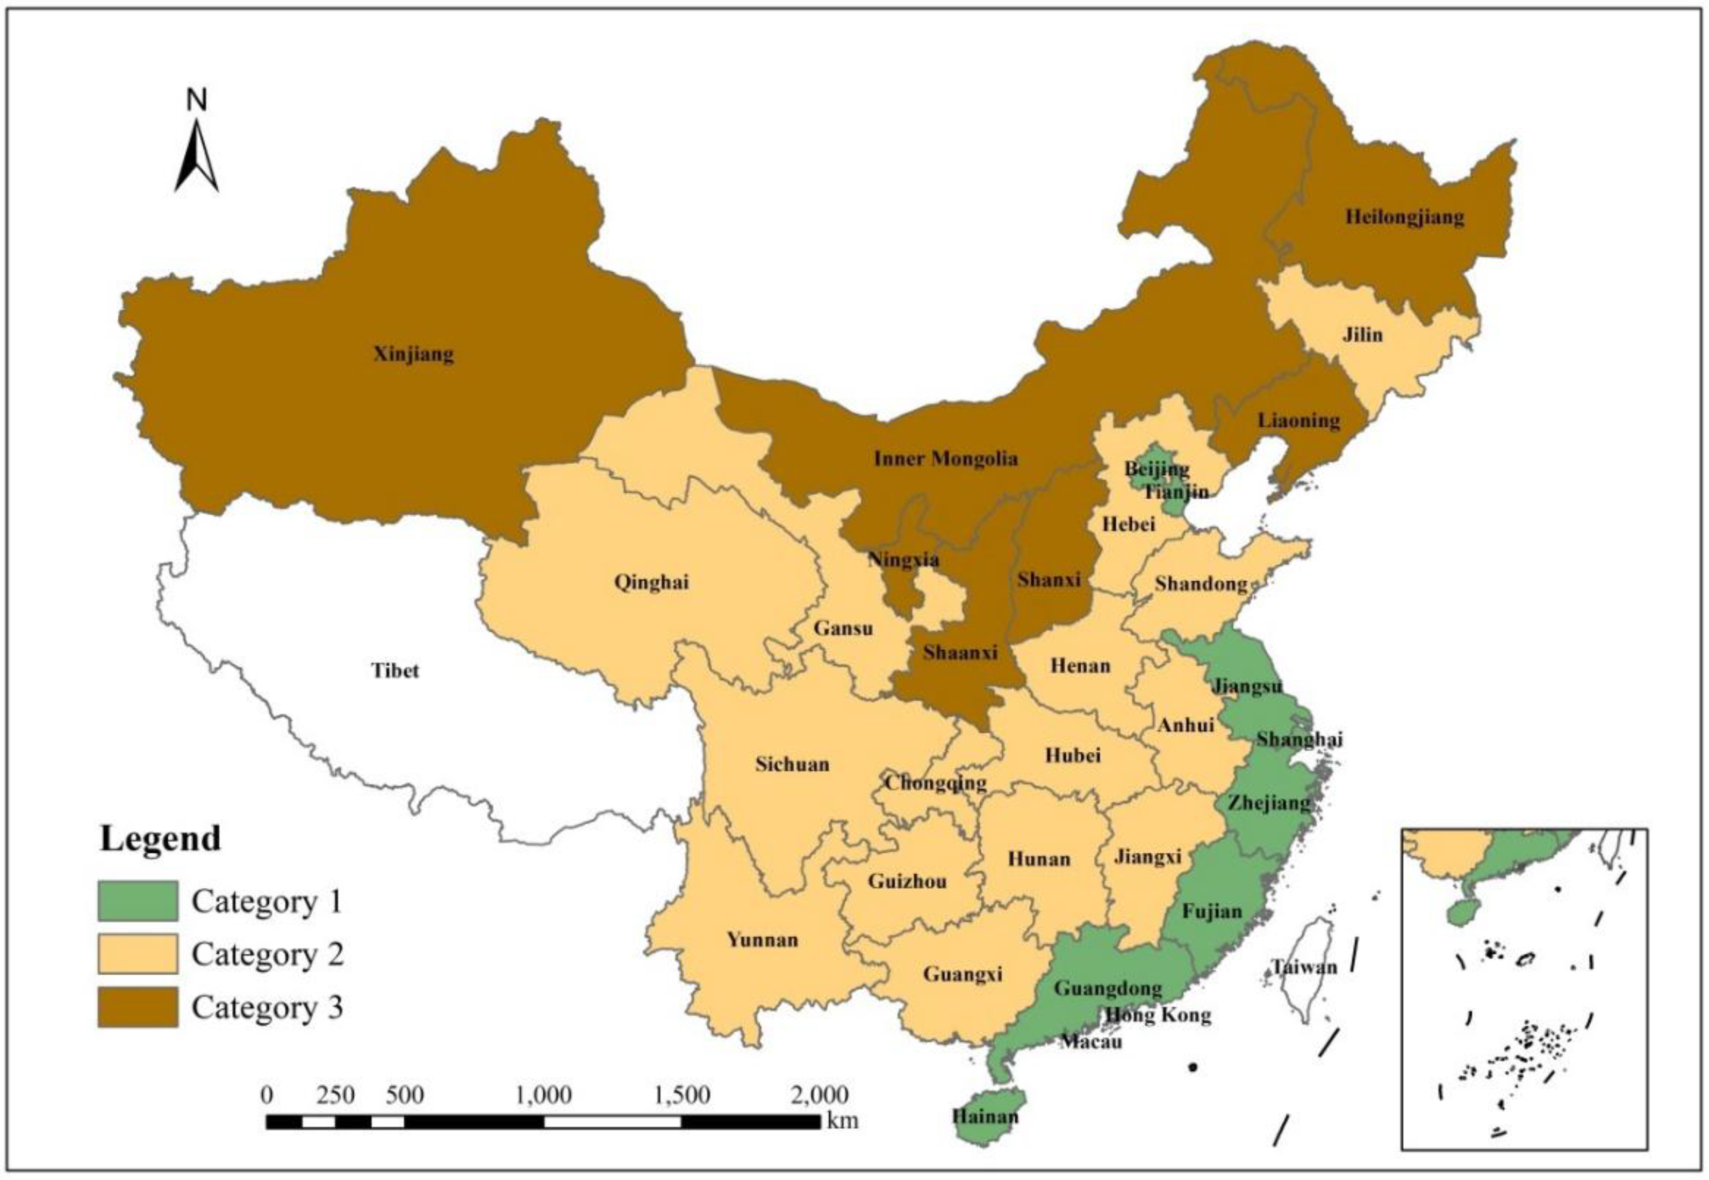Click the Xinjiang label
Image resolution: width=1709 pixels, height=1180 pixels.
coord(413,354)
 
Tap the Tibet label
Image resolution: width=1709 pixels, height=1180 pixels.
coord(395,671)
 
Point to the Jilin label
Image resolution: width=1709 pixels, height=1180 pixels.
coord(1362,335)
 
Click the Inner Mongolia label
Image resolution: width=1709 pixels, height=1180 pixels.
coord(946,459)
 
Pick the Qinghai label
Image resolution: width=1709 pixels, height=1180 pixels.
coord(651,582)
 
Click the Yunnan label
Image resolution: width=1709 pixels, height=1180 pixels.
coord(763,940)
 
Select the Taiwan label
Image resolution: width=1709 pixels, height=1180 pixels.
coord(1304,966)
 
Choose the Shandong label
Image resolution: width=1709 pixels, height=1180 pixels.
coord(1201,584)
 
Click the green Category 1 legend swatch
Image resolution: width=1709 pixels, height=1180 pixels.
coord(138,901)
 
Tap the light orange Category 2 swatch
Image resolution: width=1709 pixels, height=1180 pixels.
coord(138,954)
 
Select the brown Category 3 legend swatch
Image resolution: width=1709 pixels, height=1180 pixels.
coord(138,1007)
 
